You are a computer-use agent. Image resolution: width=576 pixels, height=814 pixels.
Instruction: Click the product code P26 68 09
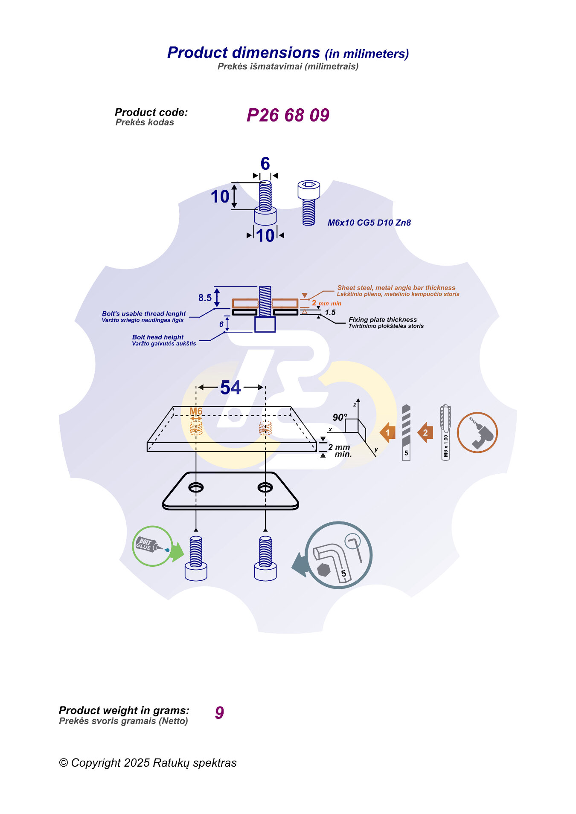point(288,115)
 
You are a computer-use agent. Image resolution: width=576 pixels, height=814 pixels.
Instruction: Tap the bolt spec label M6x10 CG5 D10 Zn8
point(369,223)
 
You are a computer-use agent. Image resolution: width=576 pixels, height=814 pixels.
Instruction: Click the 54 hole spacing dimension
point(231,388)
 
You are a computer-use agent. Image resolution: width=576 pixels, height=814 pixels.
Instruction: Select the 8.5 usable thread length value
point(205,298)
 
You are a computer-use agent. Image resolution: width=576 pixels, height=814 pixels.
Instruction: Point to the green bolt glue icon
point(152,546)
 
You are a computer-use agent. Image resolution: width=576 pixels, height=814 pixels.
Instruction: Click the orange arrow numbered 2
point(425,433)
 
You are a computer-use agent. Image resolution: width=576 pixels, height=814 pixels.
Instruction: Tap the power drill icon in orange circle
point(477,432)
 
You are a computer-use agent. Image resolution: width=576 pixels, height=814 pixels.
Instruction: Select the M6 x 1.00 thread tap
point(445,432)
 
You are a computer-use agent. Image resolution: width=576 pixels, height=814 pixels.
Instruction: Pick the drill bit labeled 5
point(406,432)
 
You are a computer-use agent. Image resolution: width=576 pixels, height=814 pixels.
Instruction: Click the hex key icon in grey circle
point(339,555)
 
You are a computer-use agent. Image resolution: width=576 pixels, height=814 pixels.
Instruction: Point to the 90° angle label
point(340,417)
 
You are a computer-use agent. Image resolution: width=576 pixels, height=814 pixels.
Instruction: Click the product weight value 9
point(219,713)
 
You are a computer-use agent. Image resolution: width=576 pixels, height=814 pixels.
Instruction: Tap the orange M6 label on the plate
point(196,411)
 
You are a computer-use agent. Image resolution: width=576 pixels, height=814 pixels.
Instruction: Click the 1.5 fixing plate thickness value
point(330,313)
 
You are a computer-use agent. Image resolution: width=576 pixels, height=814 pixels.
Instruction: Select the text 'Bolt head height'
point(158,337)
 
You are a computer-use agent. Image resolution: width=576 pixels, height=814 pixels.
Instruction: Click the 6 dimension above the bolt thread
point(265,164)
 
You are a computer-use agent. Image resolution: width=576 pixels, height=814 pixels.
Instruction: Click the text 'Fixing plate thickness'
point(383,319)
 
